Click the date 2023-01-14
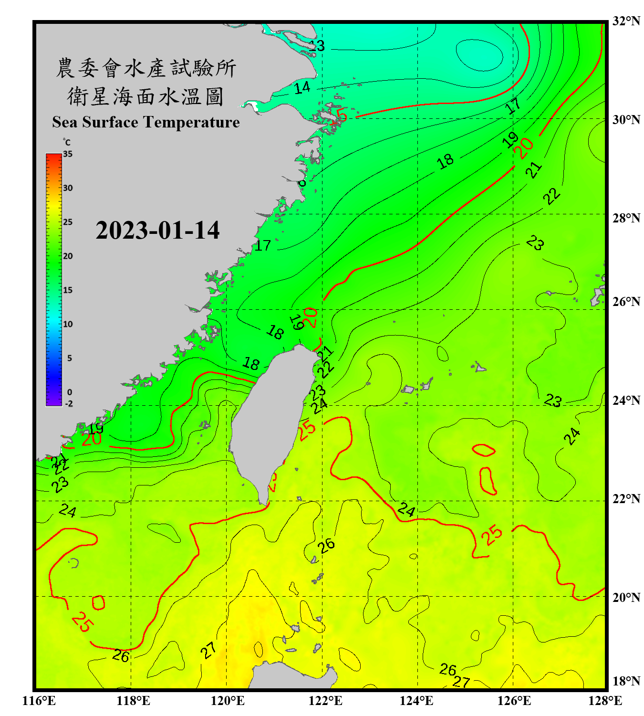[157, 231]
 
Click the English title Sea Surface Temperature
[145, 122]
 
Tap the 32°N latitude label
[626, 21]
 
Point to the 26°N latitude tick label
[626, 302]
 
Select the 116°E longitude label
[39, 701]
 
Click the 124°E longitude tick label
[416, 701]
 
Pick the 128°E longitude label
[605, 701]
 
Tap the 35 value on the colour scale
[68, 154]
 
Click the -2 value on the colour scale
[69, 404]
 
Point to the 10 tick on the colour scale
[68, 324]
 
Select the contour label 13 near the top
[317, 46]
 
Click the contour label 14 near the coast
[302, 88]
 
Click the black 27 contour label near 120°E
[208, 650]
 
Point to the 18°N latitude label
[626, 681]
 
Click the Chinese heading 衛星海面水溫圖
[145, 96]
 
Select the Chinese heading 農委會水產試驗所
[145, 68]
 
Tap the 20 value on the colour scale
[68, 256]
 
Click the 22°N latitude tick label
[626, 499]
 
